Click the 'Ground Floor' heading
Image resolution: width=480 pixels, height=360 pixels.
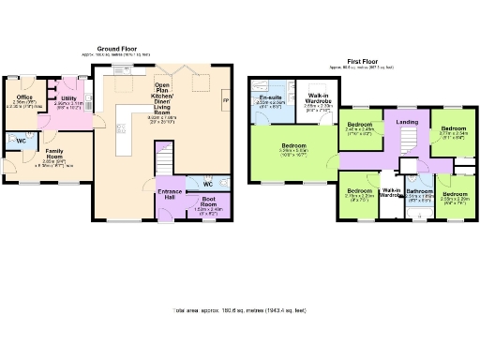click(x=118, y=49)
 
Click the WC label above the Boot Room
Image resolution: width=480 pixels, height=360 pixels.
click(x=208, y=184)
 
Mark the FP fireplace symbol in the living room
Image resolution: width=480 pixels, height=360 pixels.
click(x=224, y=99)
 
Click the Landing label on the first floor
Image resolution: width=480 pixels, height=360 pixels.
click(x=407, y=122)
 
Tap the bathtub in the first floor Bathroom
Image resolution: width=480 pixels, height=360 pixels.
click(x=418, y=212)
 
